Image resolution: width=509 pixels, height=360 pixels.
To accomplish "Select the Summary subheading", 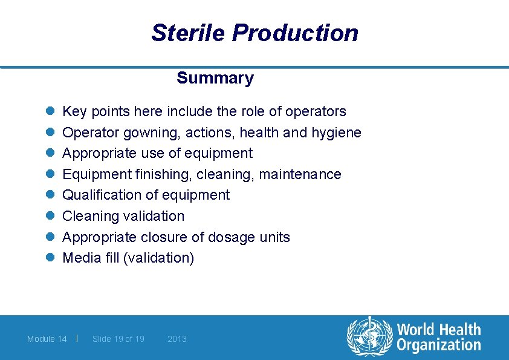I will point(215,78).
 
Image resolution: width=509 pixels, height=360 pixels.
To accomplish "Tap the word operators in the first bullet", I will point(316,111).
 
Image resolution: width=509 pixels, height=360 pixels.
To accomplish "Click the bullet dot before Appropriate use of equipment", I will point(51,153).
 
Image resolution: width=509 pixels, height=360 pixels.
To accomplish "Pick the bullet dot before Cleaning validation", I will point(51,216).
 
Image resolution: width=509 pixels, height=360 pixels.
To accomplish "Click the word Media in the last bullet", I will point(80,258).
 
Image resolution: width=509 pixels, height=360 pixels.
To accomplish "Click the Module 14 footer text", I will point(47,339).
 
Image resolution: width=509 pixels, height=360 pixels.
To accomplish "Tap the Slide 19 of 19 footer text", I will point(118,339).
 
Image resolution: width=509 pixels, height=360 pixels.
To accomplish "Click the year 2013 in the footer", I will point(177,339).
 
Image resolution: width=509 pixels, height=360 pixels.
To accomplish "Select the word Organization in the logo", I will point(438,345).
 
